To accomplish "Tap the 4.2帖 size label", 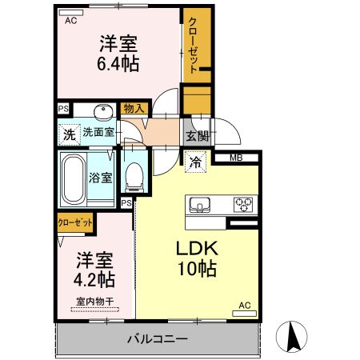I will pos(95,280).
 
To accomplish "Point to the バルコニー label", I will pos(158,339).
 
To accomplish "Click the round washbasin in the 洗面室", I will pos(102,111).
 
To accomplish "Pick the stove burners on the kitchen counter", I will pos(242,204).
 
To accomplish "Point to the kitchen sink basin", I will pos(200,205).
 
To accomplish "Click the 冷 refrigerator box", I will pos(196,162).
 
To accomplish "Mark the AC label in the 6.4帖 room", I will pos(70,21).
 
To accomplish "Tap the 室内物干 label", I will pos(95,301).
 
